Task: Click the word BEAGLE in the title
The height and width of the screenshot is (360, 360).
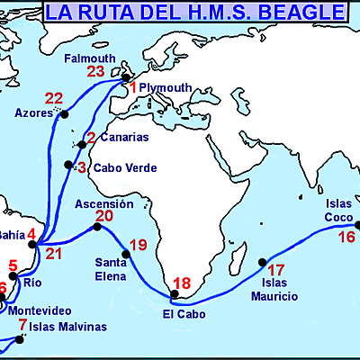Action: click(x=301, y=13)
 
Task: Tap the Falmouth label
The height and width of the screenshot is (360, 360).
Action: click(x=91, y=58)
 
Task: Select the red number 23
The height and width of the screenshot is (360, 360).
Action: click(x=96, y=72)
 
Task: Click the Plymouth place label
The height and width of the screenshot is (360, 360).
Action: click(x=166, y=87)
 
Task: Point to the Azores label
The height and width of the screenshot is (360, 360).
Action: click(x=33, y=114)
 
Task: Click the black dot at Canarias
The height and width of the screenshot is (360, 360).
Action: click(x=80, y=143)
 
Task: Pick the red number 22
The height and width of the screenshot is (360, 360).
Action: click(x=54, y=98)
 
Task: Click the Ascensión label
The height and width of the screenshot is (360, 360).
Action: click(x=103, y=204)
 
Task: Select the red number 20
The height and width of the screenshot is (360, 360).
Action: click(x=104, y=217)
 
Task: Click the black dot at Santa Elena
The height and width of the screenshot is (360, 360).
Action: click(x=126, y=254)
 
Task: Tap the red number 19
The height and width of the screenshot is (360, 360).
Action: click(x=138, y=244)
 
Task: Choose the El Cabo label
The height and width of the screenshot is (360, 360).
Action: click(x=184, y=314)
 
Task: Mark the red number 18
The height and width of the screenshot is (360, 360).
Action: click(x=182, y=283)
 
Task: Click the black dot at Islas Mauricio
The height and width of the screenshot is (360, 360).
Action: click(x=263, y=263)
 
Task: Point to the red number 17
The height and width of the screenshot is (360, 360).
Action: click(x=276, y=269)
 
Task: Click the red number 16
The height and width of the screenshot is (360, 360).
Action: click(x=346, y=238)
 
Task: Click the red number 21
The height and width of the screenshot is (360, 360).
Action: click(x=55, y=253)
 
